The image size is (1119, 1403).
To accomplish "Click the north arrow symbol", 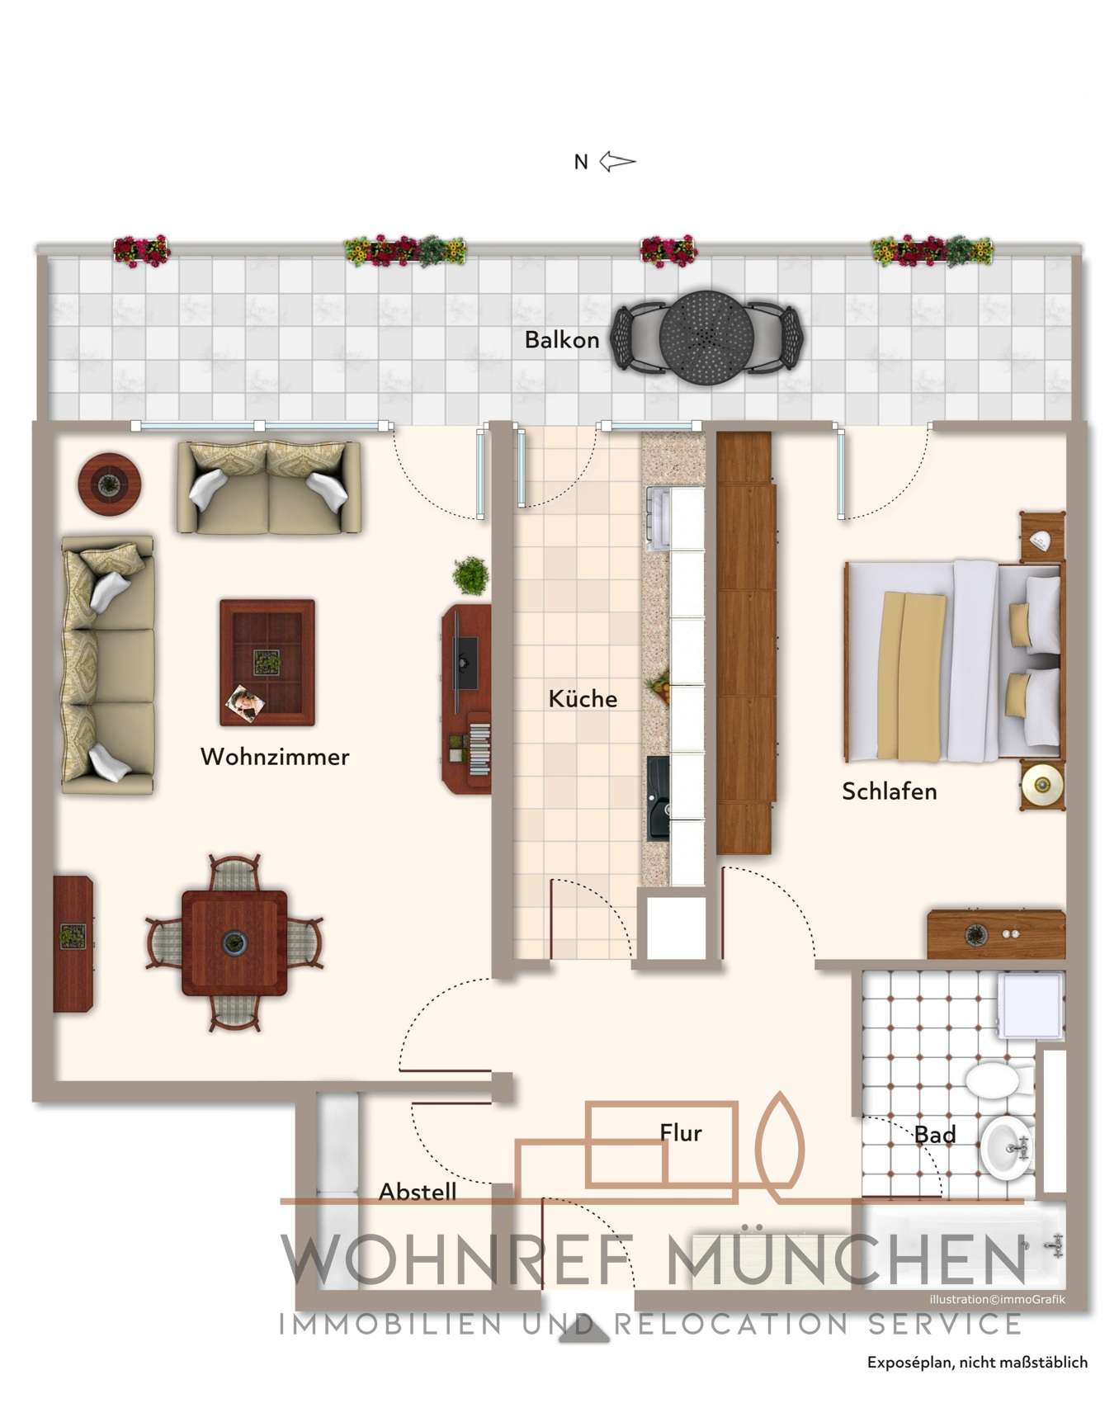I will [x=616, y=162].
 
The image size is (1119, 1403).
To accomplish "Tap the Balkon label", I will [x=562, y=340].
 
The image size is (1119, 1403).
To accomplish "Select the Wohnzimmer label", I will [x=275, y=757].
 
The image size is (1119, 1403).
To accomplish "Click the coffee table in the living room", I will [x=267, y=663].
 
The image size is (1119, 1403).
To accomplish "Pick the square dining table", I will [x=234, y=943].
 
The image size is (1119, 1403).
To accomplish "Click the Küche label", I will [x=583, y=699].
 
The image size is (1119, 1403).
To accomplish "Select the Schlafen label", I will [x=889, y=791].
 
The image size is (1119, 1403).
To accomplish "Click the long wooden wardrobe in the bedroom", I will [x=745, y=644].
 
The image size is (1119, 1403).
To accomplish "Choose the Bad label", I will [x=935, y=1135].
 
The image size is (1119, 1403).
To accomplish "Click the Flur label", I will [x=681, y=1133].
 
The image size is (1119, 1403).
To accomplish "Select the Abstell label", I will [x=418, y=1192].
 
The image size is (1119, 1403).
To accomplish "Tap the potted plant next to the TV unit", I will [x=470, y=574].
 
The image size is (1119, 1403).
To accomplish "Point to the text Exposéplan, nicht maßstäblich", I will [x=977, y=1363].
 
